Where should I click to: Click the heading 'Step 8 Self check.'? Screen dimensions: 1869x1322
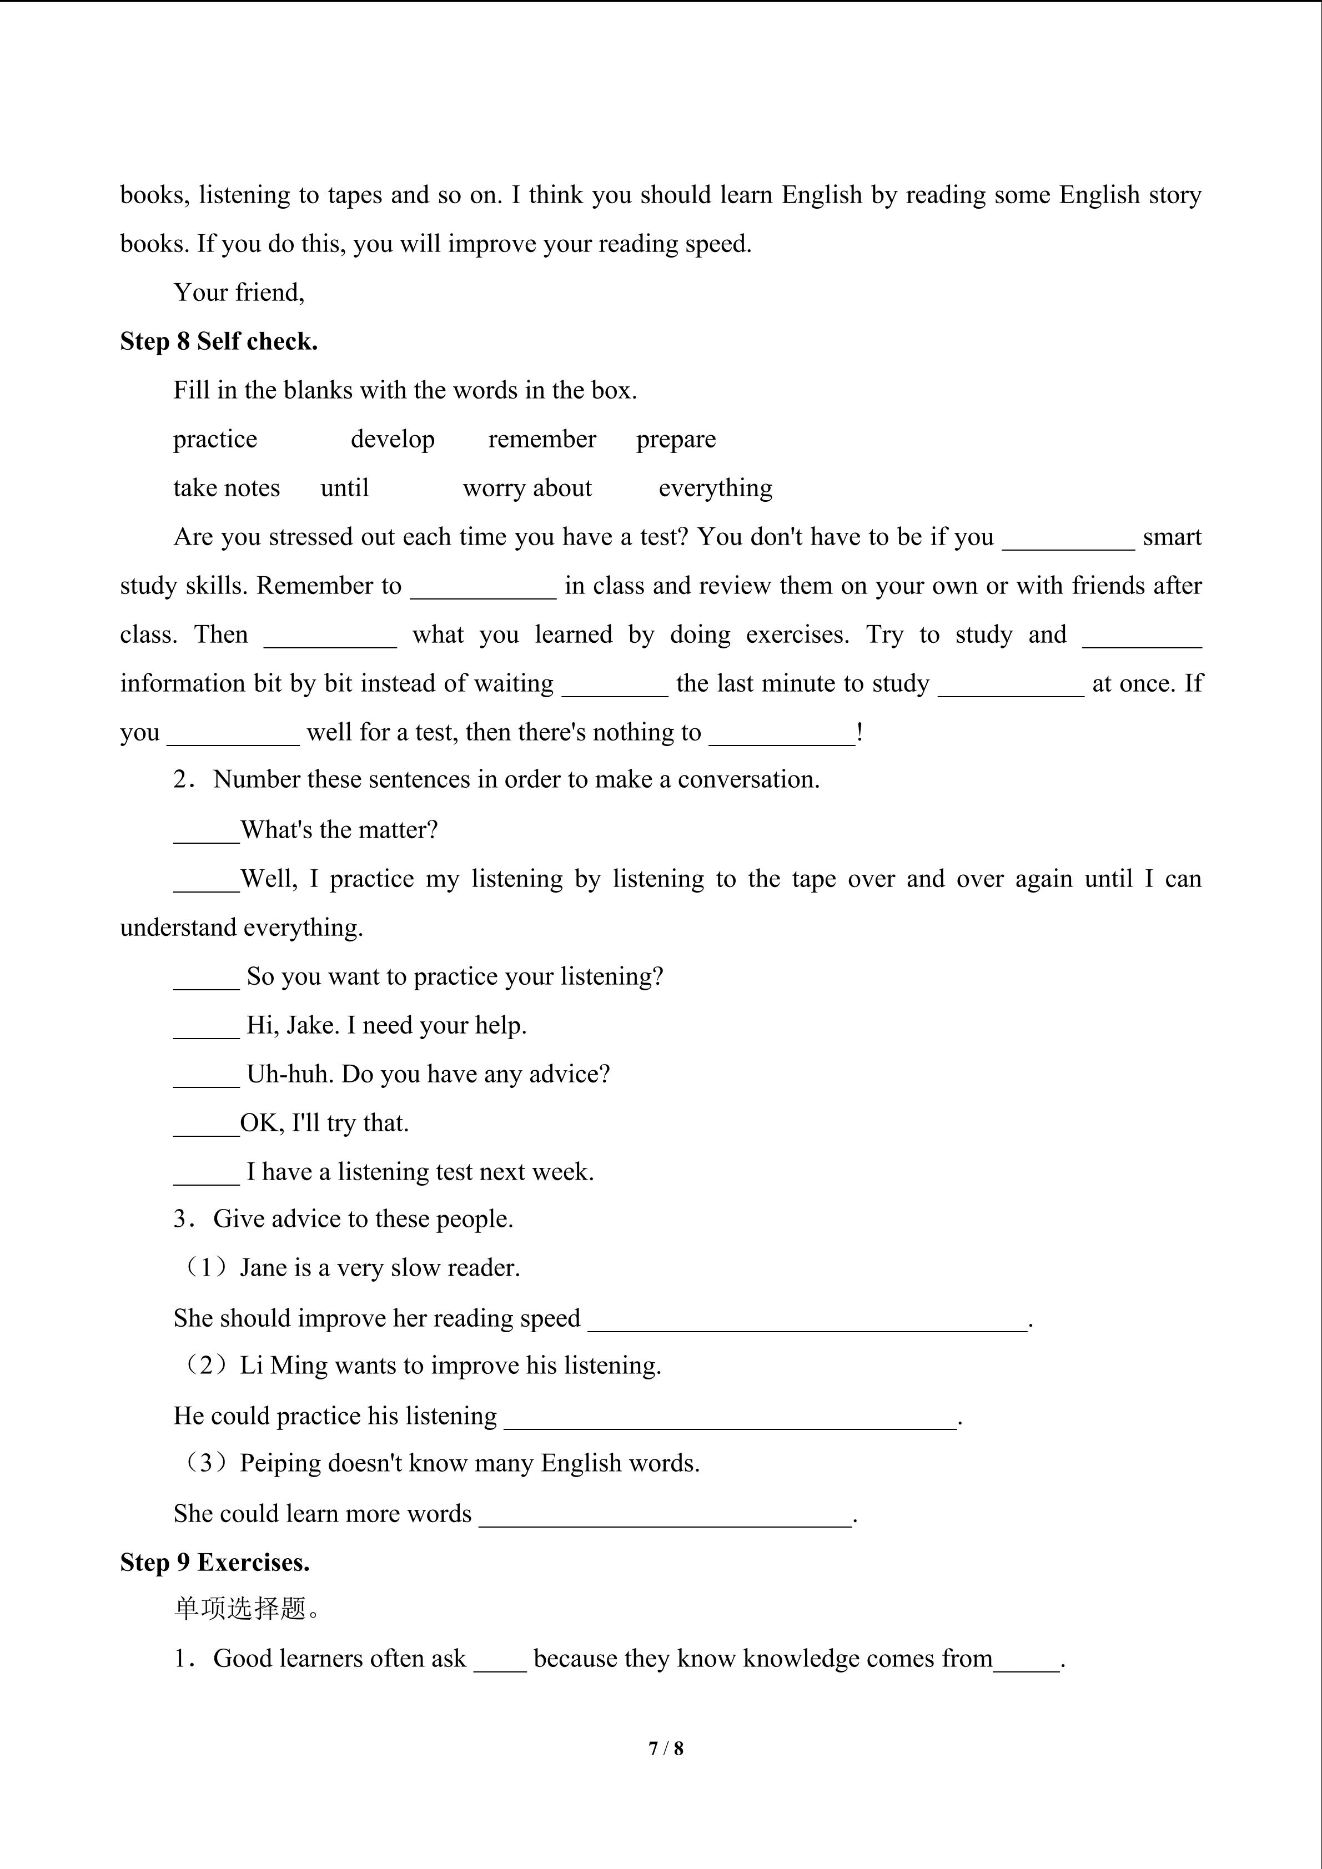click(x=218, y=341)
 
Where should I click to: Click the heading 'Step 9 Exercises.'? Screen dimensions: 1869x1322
click(x=214, y=1562)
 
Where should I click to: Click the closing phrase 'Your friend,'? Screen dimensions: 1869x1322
click(x=239, y=292)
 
